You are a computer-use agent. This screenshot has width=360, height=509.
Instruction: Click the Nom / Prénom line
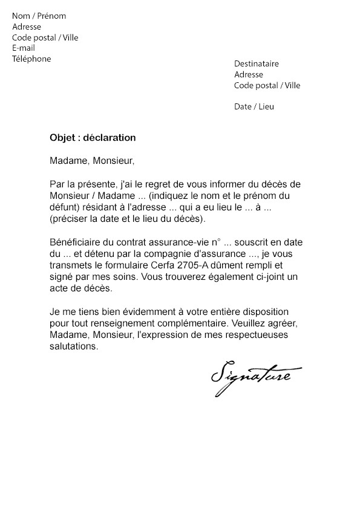(39, 16)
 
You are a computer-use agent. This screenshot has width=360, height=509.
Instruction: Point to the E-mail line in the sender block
(24, 48)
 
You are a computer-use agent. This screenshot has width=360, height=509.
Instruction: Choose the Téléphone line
(31, 59)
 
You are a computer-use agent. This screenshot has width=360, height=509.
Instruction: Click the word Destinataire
(257, 64)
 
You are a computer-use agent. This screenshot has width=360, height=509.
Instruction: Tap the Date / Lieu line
(254, 106)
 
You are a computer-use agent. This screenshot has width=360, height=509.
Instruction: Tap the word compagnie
(178, 254)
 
